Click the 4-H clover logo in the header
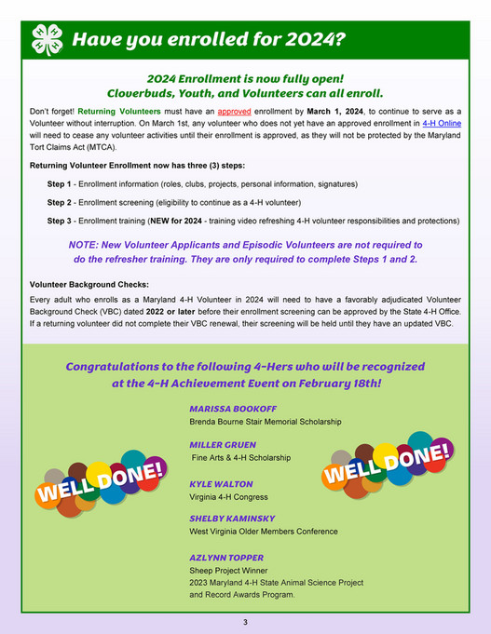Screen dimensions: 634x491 47,39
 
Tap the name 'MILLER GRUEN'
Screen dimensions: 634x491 223,445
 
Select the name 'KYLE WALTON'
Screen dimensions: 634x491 221,484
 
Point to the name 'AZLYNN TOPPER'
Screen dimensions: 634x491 225,558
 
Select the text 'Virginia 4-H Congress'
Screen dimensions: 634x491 229,497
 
